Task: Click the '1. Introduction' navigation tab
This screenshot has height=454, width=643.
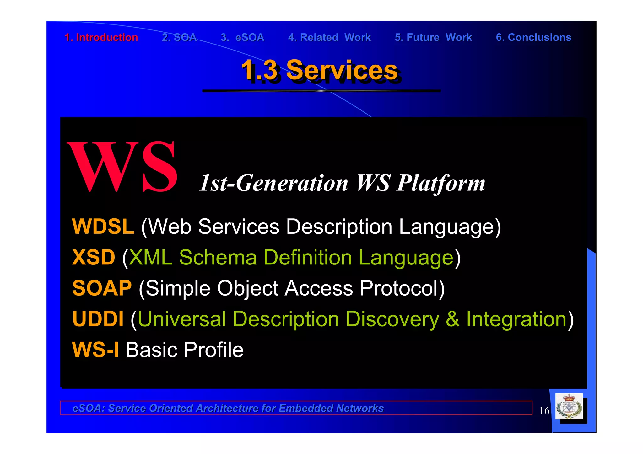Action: [x=101, y=37]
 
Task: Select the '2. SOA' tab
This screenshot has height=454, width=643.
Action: [x=179, y=37]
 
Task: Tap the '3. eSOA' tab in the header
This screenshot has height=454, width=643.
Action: [x=242, y=37]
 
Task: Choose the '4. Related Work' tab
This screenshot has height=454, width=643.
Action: [x=329, y=37]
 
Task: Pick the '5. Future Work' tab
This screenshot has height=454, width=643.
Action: [x=433, y=37]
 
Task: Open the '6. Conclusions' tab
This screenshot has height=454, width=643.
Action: [x=533, y=37]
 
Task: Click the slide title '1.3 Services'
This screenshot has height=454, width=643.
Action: [x=319, y=70]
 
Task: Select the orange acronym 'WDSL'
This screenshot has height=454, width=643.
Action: [x=103, y=227]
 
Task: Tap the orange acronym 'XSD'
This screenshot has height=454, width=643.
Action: [x=94, y=257]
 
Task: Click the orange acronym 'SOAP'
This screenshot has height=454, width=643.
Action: [x=102, y=288]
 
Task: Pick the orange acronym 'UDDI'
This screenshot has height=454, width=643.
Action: [x=98, y=319]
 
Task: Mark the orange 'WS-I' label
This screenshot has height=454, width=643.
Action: [x=95, y=350]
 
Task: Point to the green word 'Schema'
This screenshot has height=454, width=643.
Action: [x=218, y=257]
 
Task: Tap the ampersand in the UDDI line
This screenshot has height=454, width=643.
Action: [x=452, y=319]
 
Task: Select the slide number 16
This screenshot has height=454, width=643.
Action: [x=544, y=411]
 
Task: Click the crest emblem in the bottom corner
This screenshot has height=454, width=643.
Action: [x=569, y=407]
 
